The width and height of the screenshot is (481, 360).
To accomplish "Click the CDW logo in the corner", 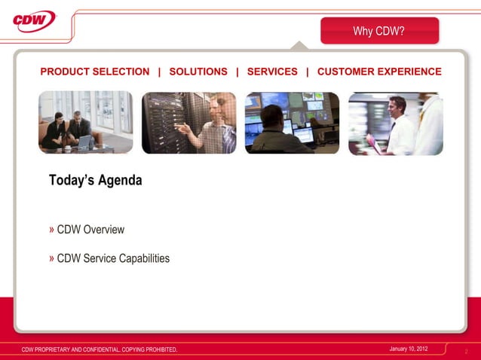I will click(x=35, y=20).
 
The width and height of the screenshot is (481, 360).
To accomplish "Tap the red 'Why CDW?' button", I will click(x=379, y=31).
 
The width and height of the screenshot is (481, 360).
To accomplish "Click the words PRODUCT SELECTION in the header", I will click(x=95, y=72).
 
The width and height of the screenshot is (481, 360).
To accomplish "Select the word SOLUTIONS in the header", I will click(x=198, y=72).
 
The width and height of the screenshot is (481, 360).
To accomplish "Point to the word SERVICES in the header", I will click(x=272, y=72).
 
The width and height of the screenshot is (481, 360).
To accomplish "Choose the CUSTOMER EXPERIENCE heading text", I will click(x=379, y=72).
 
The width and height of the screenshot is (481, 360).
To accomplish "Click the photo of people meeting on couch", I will click(x=85, y=123).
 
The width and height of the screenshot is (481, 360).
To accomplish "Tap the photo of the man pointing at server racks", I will click(x=188, y=123).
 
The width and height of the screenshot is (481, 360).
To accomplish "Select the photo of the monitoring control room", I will click(x=292, y=123).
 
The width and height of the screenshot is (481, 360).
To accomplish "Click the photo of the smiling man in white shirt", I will click(x=395, y=123).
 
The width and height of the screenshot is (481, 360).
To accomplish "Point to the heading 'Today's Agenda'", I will click(x=95, y=181).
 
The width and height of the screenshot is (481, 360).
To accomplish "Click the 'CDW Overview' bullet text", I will click(x=90, y=230).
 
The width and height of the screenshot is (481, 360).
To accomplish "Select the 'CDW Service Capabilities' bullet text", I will click(x=113, y=258).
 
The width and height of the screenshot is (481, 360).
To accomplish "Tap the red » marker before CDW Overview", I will click(x=52, y=229).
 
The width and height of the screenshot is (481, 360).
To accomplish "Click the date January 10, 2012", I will click(x=409, y=349).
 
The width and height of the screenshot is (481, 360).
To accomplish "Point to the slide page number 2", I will click(x=467, y=351).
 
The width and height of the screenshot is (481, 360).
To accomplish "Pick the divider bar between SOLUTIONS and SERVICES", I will click(x=237, y=72).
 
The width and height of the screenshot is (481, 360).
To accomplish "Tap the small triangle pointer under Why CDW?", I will click(x=300, y=47).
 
